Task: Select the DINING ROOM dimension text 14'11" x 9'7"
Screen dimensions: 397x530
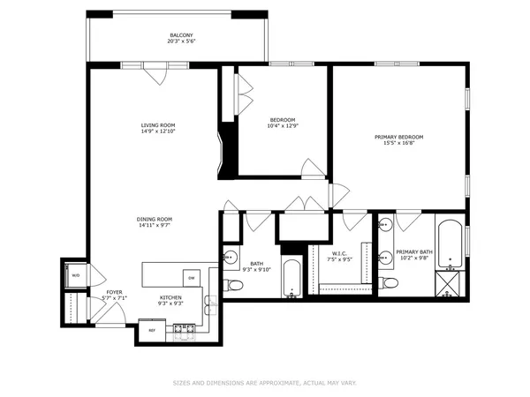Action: tap(154, 225)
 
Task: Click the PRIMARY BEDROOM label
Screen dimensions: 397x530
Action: tap(398, 137)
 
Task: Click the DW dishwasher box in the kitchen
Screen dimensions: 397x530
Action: tap(191, 278)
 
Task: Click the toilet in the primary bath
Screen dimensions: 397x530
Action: tap(389, 282)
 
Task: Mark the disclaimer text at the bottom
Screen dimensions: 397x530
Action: tap(265, 383)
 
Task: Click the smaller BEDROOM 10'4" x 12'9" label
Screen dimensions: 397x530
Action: tap(283, 124)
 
